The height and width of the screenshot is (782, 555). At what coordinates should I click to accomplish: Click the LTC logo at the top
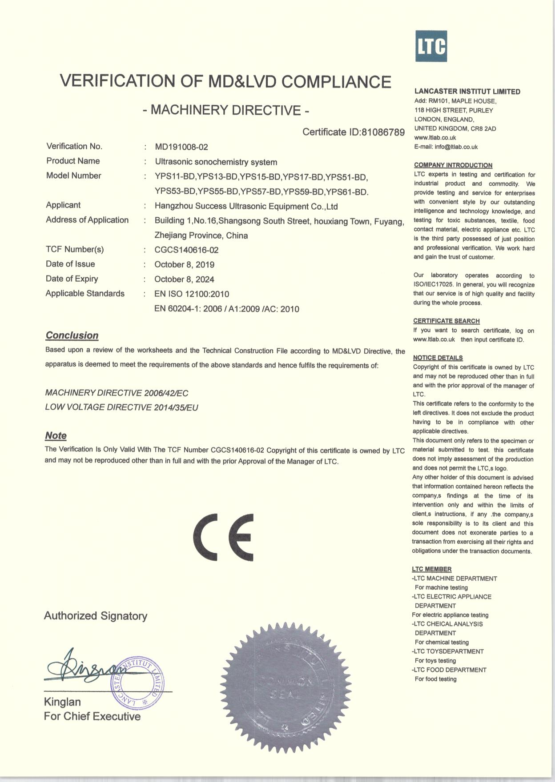pyautogui.click(x=431, y=46)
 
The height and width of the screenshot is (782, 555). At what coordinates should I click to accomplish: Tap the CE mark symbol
pyautogui.click(x=223, y=537)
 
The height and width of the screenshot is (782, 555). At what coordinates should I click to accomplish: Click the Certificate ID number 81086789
pyautogui.click(x=383, y=132)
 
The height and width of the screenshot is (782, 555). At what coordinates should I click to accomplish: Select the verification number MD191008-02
pyautogui.click(x=181, y=147)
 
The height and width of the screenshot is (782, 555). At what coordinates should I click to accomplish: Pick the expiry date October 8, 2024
pyautogui.click(x=184, y=279)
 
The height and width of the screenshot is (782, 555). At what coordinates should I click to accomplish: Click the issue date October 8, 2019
pyautogui.click(x=184, y=265)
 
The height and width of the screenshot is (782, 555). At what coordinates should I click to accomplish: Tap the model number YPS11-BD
pyautogui.click(x=175, y=177)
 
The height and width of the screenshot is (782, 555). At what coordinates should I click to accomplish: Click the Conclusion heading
pyautogui.click(x=72, y=335)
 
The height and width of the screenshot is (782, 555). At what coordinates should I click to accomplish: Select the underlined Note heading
pyautogui.click(x=56, y=435)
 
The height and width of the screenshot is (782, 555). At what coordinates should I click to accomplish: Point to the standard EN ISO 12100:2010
pyautogui.click(x=192, y=294)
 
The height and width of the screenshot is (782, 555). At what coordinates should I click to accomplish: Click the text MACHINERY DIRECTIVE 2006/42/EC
pyautogui.click(x=117, y=393)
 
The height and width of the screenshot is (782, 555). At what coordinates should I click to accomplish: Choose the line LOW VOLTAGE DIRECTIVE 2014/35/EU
pyautogui.click(x=121, y=407)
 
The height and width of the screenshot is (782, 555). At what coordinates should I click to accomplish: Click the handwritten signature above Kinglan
pyautogui.click(x=84, y=669)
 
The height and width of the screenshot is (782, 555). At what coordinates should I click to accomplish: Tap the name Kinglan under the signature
pyautogui.click(x=62, y=702)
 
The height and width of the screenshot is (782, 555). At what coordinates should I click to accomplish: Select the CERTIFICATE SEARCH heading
pyautogui.click(x=446, y=321)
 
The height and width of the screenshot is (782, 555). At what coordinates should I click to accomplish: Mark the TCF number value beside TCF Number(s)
pyautogui.click(x=186, y=250)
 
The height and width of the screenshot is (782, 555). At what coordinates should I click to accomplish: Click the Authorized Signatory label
pyautogui.click(x=96, y=616)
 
